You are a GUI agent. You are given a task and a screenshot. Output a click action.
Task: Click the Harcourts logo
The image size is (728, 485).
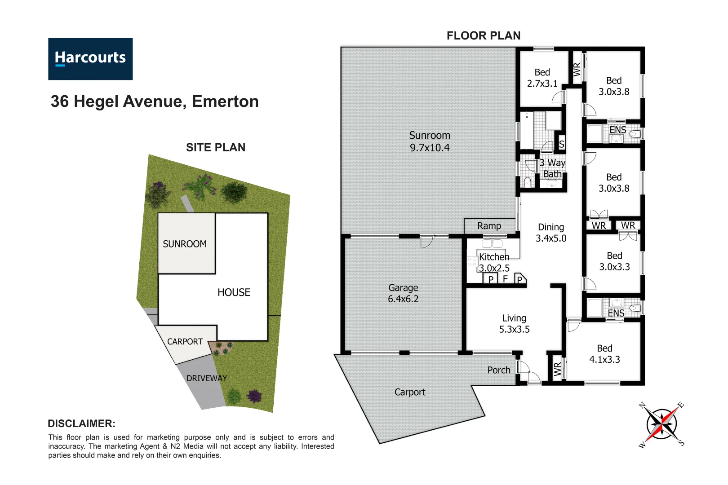90,59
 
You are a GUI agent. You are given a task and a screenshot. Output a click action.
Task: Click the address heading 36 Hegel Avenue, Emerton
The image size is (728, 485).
155,101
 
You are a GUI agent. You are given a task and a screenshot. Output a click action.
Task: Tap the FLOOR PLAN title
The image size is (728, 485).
483,35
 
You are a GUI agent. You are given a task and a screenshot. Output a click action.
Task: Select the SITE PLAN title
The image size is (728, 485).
216,147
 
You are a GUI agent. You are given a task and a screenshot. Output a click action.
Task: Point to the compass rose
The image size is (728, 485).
661,424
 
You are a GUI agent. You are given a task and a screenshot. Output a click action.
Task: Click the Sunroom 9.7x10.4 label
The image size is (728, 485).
429,141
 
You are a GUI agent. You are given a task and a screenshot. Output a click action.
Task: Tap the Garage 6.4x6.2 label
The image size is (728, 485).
403,293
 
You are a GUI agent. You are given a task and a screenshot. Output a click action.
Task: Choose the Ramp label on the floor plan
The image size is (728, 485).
489,226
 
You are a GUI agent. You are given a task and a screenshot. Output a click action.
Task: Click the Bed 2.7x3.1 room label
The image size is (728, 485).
542,78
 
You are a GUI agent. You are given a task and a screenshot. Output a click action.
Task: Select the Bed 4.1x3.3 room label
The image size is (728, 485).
604,354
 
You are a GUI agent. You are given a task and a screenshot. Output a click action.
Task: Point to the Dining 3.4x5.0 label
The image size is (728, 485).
551,233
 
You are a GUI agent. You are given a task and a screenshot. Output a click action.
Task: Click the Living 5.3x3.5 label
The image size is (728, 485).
514,324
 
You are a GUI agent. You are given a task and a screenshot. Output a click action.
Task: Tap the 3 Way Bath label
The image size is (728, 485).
552,168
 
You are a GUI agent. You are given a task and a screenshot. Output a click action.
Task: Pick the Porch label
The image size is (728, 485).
499,370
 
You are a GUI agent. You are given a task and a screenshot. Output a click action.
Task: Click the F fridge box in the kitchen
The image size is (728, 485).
505,279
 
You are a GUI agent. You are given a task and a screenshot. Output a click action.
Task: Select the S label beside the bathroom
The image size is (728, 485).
561,144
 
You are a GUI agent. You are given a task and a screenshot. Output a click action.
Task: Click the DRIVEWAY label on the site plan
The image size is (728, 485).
207,378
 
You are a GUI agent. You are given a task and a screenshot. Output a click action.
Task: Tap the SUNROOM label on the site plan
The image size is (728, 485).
185,244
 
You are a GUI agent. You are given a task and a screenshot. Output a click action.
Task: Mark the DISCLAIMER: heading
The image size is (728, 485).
81,423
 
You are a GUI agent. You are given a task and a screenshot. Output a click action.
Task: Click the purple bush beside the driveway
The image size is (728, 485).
254,396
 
